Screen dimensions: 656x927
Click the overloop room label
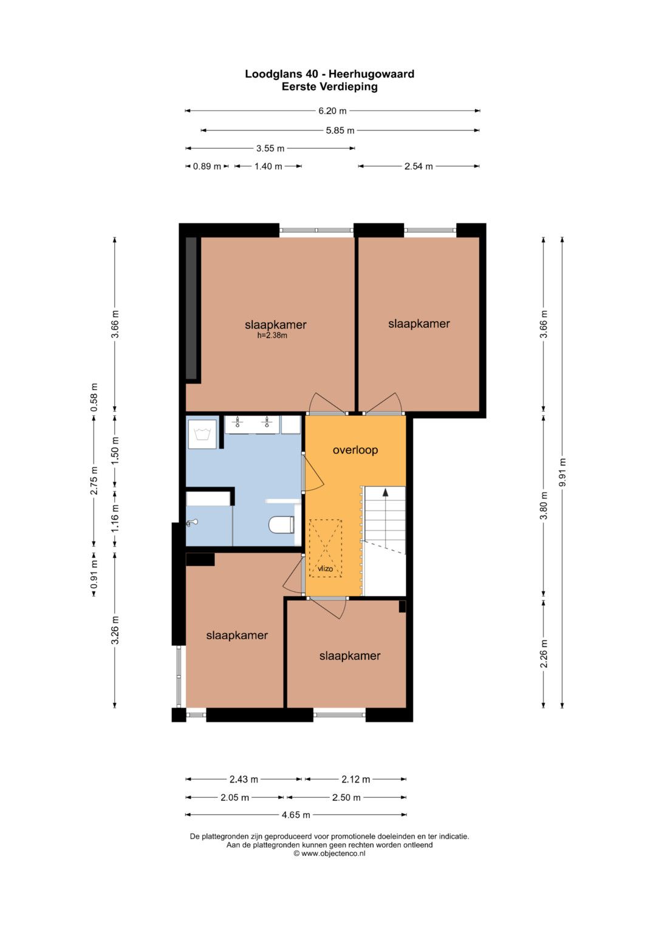tap(355, 450)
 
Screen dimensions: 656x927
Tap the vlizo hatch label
tap(325, 569)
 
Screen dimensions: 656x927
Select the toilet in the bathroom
tap(282, 525)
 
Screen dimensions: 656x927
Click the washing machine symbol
tap(202, 434)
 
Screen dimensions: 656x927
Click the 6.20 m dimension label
tap(332, 111)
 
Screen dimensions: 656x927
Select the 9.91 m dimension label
tap(562, 472)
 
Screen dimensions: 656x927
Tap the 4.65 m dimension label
tap(296, 815)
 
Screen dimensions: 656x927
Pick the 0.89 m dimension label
tap(207, 166)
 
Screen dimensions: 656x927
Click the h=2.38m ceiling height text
tap(272, 336)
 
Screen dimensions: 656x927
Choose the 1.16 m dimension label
tap(115, 518)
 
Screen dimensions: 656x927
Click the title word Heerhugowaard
tap(371, 74)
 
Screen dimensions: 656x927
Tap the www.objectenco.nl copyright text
tap(329, 854)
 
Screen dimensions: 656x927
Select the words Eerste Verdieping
tap(330, 87)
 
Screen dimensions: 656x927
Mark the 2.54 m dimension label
tap(419, 166)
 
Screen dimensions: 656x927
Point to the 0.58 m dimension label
tap(94, 397)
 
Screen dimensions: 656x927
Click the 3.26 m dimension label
tap(115, 630)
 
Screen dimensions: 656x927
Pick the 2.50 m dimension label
tap(346, 797)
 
